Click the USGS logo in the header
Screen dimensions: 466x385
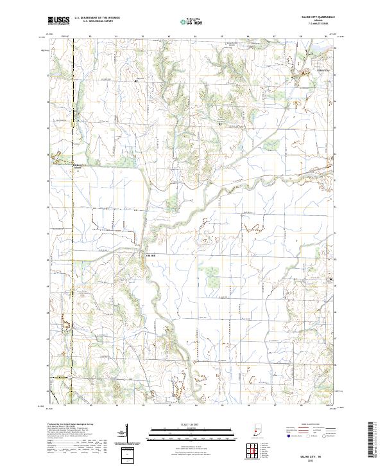pos(58,21)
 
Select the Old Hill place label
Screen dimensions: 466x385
pos(148,255)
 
